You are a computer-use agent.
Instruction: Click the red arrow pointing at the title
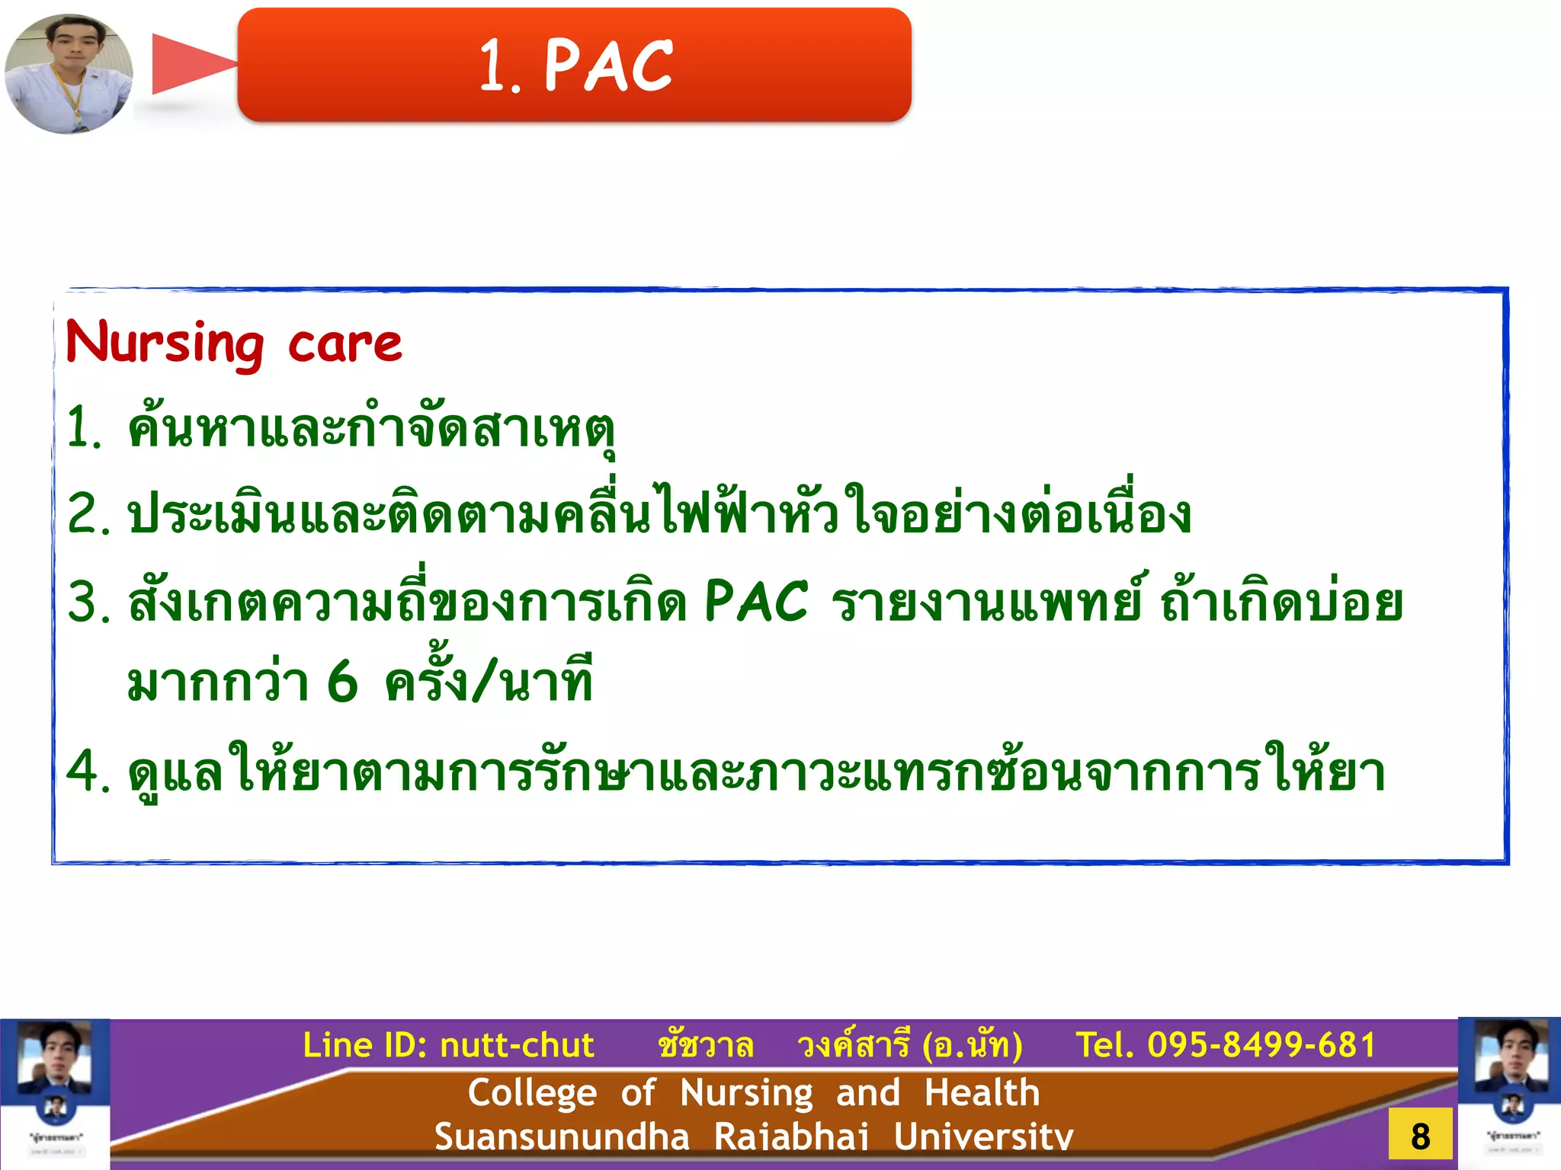click(191, 64)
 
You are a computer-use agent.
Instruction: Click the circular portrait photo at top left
click(69, 73)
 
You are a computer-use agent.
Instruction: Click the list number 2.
click(87, 514)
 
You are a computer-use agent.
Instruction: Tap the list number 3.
click(87, 602)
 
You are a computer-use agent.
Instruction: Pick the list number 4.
click(87, 772)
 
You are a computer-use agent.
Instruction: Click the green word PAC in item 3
click(755, 602)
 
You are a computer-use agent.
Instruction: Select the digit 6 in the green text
click(342, 682)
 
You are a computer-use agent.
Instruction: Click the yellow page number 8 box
click(1420, 1136)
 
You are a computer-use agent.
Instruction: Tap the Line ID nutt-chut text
click(448, 1045)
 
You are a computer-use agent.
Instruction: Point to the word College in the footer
click(532, 1093)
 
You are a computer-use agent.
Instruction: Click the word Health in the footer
click(982, 1093)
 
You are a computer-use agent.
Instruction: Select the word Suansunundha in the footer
click(562, 1137)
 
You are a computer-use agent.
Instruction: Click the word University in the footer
click(983, 1137)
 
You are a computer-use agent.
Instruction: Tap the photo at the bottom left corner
click(55, 1094)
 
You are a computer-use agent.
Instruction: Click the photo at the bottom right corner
click(1509, 1094)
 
